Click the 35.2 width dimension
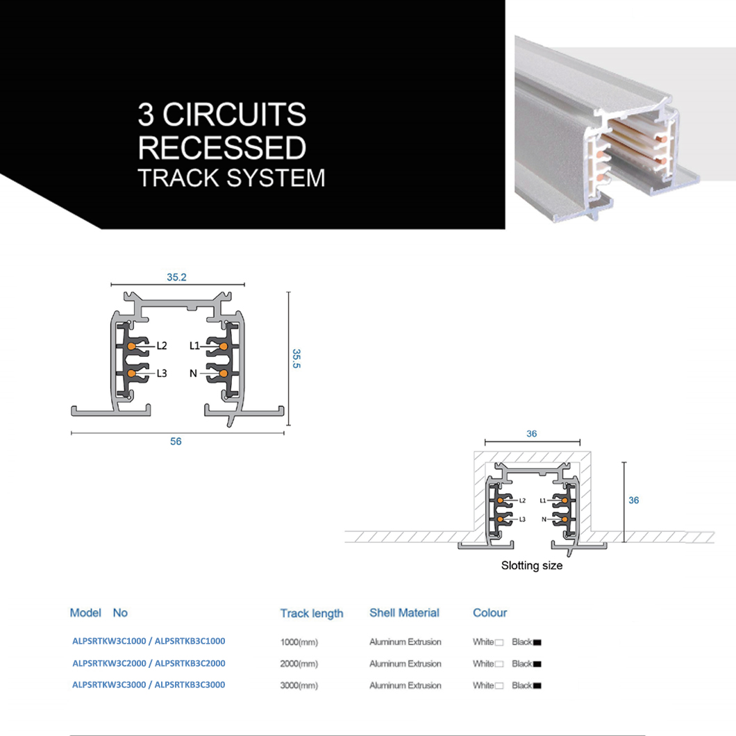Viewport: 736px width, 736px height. pos(176,277)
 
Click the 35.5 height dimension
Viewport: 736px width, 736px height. pos(296,358)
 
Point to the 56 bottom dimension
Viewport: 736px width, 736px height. pos(176,442)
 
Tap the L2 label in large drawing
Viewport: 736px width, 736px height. pos(162,345)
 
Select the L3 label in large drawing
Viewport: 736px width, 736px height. pos(162,374)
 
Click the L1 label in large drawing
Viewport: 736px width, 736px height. pos(194,345)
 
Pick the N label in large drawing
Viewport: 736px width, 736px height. pos(194,374)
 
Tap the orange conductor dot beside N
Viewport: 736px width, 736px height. pos(224,374)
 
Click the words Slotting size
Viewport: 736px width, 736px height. pos(532,566)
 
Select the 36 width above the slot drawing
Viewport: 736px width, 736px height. pos(532,434)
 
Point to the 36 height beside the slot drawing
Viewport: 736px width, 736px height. pos(633,501)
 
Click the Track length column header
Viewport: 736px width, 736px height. pos(312,613)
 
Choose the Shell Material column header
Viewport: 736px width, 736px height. pos(404,613)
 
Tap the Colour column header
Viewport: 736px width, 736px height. pos(490,613)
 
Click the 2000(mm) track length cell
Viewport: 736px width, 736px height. pos(299,664)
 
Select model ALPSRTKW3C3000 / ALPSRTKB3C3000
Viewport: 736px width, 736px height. pos(149,685)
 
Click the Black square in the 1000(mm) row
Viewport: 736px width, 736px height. pos(537,642)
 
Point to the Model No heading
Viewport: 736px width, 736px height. pos(99,613)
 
